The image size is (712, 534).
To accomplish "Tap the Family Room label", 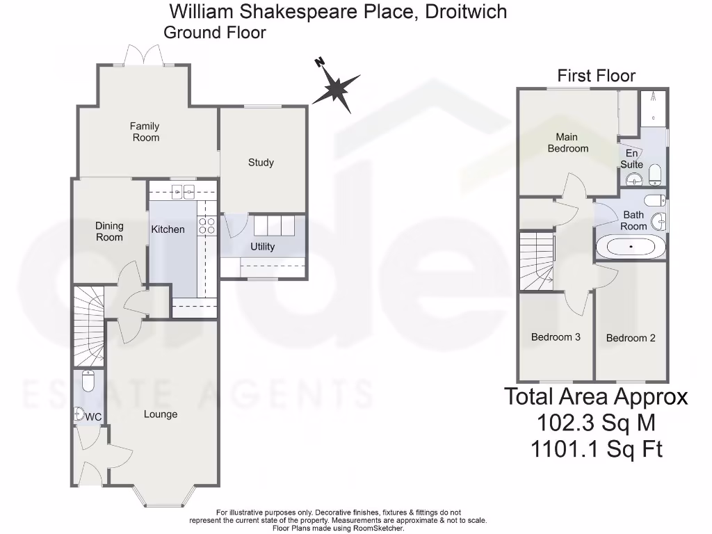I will [x=145, y=131].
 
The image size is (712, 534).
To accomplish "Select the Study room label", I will [x=261, y=162].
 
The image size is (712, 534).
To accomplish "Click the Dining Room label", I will [x=109, y=232].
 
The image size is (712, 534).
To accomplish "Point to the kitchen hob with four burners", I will [x=207, y=225].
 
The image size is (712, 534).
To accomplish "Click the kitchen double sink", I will [x=182, y=191].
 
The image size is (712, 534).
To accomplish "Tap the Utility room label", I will [x=262, y=247].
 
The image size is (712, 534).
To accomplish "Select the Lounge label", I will [x=161, y=414].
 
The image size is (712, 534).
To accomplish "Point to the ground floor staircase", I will [x=88, y=325].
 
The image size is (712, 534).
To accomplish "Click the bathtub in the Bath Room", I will [x=631, y=247].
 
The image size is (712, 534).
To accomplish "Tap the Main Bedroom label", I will [x=567, y=143].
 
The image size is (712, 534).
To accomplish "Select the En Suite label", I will [x=631, y=159].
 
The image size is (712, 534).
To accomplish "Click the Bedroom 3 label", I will [x=556, y=337].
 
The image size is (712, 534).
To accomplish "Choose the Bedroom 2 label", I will [x=631, y=338].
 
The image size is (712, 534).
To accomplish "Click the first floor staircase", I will [x=537, y=261].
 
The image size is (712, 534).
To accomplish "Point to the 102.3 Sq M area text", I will [x=596, y=422].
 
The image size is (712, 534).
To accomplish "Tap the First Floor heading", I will [x=597, y=75].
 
